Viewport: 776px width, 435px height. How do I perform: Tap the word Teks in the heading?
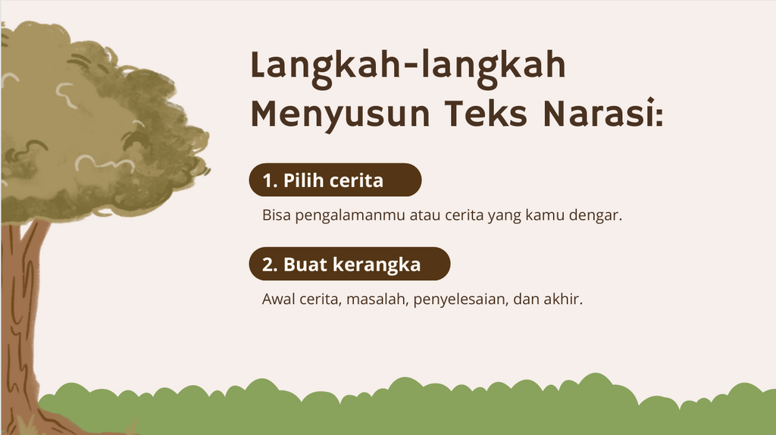tap(486, 114)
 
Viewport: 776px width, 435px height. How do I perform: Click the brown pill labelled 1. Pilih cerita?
tap(335, 180)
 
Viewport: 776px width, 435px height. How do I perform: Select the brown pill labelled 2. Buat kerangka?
tap(349, 264)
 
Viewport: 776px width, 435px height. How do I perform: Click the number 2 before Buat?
tap(268, 264)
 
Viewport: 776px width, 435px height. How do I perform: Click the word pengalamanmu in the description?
tap(350, 216)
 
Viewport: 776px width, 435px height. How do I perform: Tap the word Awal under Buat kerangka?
tap(278, 299)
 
